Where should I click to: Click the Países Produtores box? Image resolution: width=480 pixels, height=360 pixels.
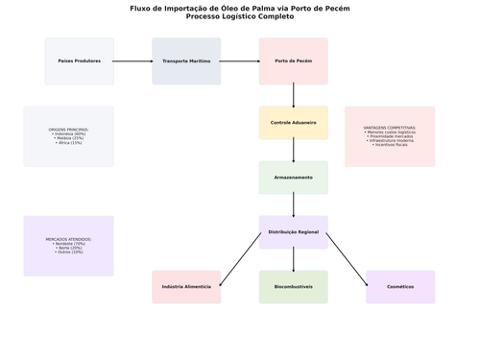(79, 61)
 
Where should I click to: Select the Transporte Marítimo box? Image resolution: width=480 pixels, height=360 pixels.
(186, 61)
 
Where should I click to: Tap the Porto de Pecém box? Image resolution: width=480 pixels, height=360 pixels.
(293, 61)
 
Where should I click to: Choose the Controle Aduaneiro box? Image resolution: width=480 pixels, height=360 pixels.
(293, 123)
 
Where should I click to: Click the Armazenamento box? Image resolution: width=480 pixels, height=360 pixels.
(293, 178)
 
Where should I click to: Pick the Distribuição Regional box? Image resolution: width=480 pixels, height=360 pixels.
(293, 232)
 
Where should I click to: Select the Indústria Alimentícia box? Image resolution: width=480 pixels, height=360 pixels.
(186, 287)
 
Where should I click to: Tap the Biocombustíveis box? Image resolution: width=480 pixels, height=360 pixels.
(293, 287)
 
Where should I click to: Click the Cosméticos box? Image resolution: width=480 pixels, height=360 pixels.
(400, 287)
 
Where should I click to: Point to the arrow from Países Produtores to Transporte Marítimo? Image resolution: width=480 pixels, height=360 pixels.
(132, 61)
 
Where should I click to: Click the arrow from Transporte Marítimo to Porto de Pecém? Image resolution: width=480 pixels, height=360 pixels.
(240, 61)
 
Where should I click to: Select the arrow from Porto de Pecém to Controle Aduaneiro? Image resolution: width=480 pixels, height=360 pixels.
(294, 96)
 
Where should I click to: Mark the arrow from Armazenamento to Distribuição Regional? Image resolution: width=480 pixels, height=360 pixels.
(294, 205)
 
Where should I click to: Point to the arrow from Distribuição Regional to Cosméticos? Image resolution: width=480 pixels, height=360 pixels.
(348, 259)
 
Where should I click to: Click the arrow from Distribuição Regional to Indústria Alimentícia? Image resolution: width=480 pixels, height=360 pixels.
(240, 259)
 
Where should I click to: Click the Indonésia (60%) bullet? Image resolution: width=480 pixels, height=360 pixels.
(68, 133)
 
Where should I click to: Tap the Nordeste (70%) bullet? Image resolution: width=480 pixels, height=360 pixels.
(68, 244)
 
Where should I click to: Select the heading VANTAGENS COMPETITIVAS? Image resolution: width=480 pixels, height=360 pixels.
(390, 128)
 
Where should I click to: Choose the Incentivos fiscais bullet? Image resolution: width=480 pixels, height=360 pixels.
(390, 145)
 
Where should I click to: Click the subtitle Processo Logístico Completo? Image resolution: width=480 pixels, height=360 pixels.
(240, 16)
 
